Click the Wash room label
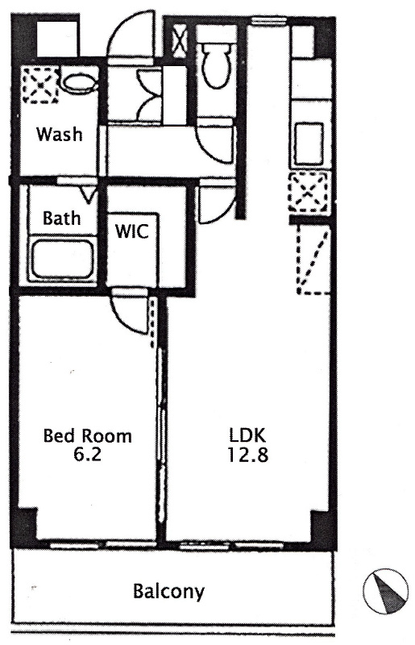[x=59, y=134]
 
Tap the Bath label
[x=61, y=218]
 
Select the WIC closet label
[x=131, y=231]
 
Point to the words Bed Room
[x=88, y=435]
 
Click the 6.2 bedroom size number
[x=87, y=454]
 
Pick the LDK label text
[x=248, y=435]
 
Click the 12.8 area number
[x=248, y=455]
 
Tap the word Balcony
[x=168, y=592]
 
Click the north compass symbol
[x=385, y=591]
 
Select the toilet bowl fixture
[x=216, y=66]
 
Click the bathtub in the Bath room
[x=63, y=260]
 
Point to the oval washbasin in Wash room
[x=80, y=84]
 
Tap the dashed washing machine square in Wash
[x=40, y=85]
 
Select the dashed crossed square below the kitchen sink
[x=309, y=193]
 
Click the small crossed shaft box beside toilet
[x=180, y=41]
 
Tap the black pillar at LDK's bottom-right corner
[x=322, y=527]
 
